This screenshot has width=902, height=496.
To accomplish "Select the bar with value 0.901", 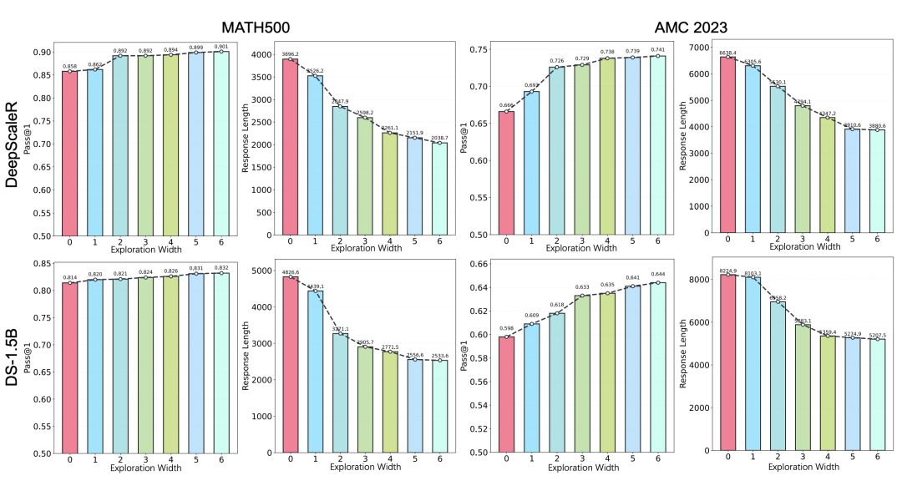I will (221, 143).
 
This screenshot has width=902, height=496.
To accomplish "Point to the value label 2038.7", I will (440, 137).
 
